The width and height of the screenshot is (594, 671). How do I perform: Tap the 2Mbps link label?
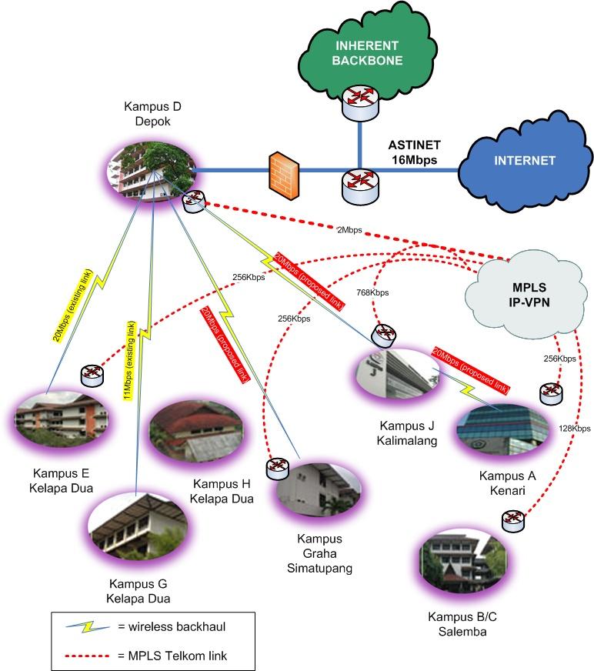click(349, 229)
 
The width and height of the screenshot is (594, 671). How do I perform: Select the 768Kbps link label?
click(373, 292)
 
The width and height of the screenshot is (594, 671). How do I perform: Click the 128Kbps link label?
click(575, 428)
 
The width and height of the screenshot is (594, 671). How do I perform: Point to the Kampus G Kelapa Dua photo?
click(135, 530)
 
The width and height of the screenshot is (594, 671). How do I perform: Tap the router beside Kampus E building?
click(92, 375)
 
